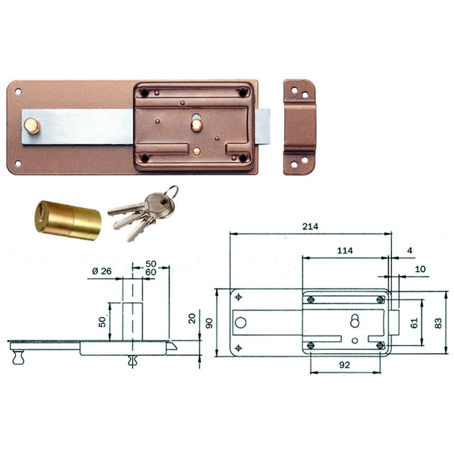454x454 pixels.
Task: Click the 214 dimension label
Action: coord(310,227)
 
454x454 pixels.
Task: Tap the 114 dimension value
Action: coord(345,250)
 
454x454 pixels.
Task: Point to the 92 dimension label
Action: coord(344,365)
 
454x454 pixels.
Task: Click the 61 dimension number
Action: coord(414,323)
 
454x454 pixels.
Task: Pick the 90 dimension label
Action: coord(209,323)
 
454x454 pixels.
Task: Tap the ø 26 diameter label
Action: coord(102,271)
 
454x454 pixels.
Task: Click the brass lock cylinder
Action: coord(68,220)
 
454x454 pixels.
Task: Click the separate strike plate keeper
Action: coord(299,127)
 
